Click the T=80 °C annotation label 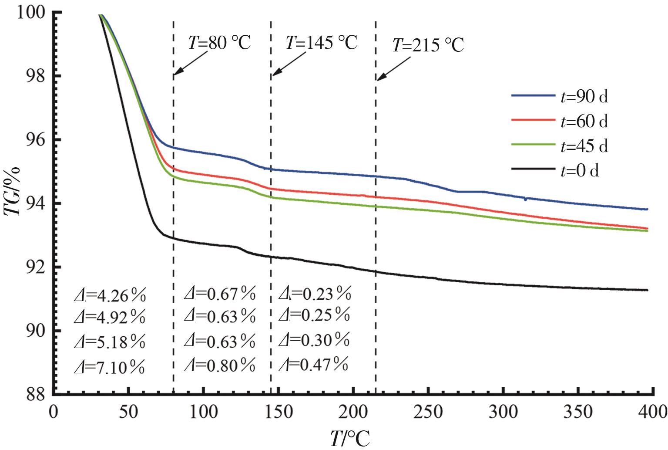point(219,43)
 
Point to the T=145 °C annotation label point(321,43)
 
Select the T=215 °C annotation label point(428,45)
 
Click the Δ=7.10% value point(109,368)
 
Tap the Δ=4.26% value point(109,296)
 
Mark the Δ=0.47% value point(313,364)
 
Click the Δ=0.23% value point(315,294)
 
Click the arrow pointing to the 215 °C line point(393,68)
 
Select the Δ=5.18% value point(109,343)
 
